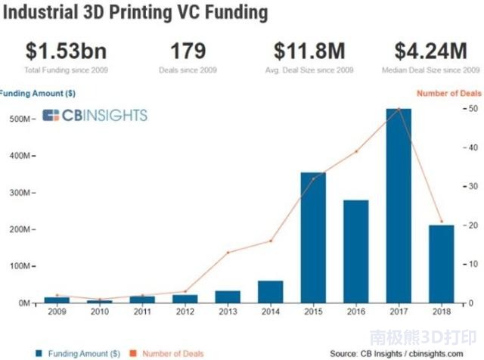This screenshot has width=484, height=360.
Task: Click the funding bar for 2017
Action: [399, 206]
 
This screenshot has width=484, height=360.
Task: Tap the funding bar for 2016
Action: [355, 251]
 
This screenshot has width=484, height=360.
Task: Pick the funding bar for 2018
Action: [441, 264]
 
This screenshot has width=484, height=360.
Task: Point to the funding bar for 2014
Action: [270, 292]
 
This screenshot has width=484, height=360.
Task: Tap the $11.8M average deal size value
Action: [309, 51]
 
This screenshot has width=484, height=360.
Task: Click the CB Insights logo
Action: [95, 116]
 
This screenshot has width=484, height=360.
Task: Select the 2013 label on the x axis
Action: [227, 311]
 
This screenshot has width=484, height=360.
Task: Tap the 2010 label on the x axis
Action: [98, 311]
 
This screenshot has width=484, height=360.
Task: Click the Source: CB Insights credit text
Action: [396, 352]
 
